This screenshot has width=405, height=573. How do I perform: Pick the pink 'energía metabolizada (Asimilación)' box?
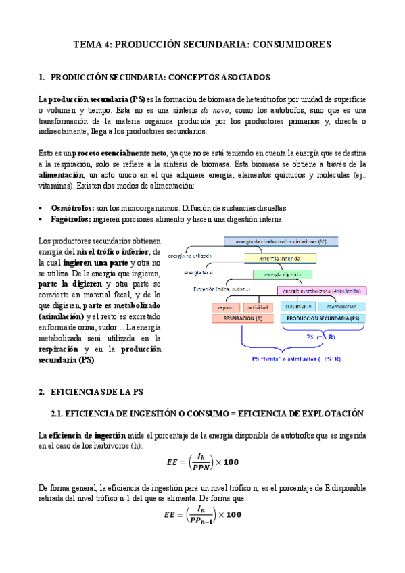coord(323,291)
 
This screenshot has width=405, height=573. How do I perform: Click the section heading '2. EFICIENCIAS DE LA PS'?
coord(96,391)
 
